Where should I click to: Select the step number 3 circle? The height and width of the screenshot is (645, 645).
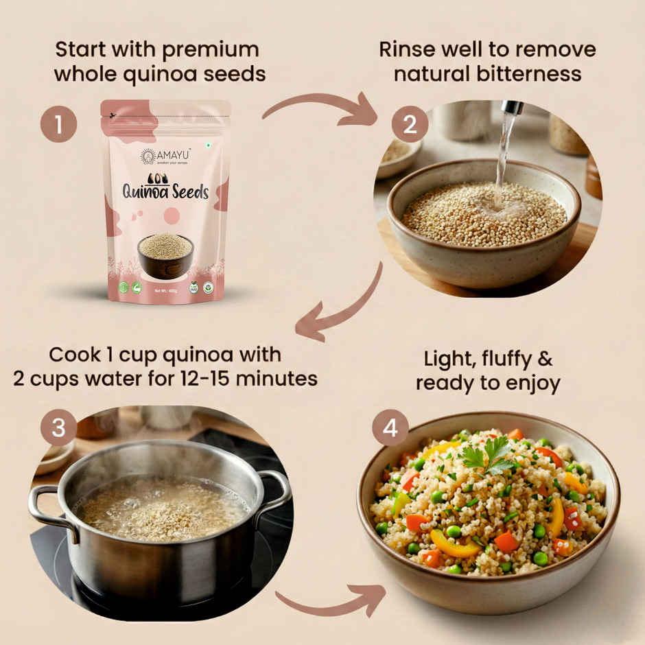[58, 427]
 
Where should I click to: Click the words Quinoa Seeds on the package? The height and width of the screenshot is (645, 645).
[165, 191]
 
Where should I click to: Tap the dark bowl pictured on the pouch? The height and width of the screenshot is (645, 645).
[165, 255]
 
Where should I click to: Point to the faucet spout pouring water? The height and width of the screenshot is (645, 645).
[511, 108]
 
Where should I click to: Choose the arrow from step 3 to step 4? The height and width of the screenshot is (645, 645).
[329, 601]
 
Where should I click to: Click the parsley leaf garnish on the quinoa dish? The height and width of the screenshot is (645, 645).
[489, 455]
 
